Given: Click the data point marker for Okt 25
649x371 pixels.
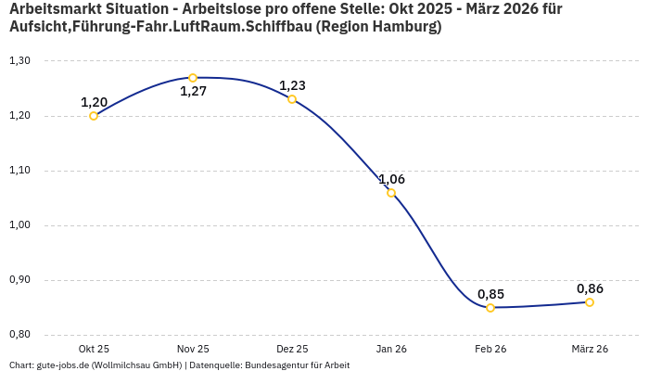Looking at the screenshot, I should point(94,116).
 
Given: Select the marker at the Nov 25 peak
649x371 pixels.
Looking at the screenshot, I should point(193,78).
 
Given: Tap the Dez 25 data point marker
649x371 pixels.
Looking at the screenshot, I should point(292,99).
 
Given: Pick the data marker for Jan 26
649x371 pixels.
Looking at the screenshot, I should point(391,193).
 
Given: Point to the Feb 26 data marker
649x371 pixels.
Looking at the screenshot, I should point(490,308).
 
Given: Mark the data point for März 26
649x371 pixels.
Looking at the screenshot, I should point(590,302).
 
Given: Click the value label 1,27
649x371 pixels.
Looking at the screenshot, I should point(193,92).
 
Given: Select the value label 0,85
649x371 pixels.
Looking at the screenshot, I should point(490,294).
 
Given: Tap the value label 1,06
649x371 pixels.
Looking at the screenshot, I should point(391,179).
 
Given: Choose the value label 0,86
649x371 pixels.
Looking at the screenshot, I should point(590,288).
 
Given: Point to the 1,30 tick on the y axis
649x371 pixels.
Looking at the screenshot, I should point(19,61).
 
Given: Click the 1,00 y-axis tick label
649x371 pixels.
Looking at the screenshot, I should point(19,225).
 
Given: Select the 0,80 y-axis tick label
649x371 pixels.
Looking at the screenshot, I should point(19,335).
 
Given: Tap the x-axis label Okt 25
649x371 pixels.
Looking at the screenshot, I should point(94,349).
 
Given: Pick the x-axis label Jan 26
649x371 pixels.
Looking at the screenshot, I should point(391,349).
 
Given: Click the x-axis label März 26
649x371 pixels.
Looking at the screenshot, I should point(590,349).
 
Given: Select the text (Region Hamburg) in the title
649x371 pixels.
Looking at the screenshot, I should point(378,27).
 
